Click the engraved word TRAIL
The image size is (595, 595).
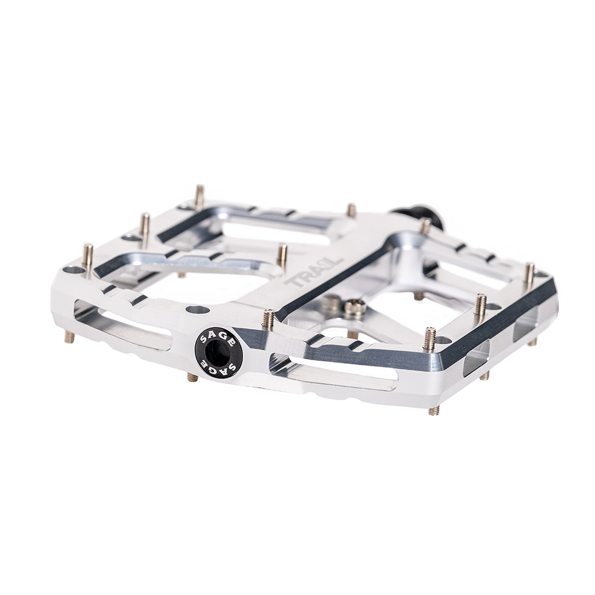306,277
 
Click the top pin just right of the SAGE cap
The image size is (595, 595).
268,320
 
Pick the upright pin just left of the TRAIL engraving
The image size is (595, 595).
282,255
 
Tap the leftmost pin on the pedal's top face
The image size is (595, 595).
88,256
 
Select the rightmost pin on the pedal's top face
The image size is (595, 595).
529,274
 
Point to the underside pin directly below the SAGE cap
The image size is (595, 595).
193,378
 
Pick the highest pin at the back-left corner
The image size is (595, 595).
199,197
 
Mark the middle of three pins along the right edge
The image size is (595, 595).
481,306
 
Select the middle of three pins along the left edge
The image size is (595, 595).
145,226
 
